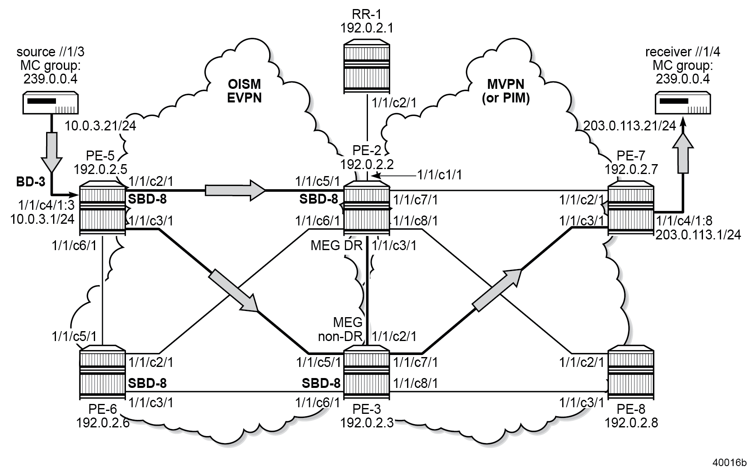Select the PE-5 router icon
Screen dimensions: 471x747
102,209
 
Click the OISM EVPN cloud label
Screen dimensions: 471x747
244,91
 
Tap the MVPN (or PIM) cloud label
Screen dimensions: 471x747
505,91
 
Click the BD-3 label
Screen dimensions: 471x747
30,182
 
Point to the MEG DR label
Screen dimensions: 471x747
336,246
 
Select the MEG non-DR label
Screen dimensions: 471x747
341,329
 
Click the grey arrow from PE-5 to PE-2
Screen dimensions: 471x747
235,190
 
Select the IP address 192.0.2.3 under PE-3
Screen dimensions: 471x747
367,422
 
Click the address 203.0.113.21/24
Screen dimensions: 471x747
630,126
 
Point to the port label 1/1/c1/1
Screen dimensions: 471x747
440,175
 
